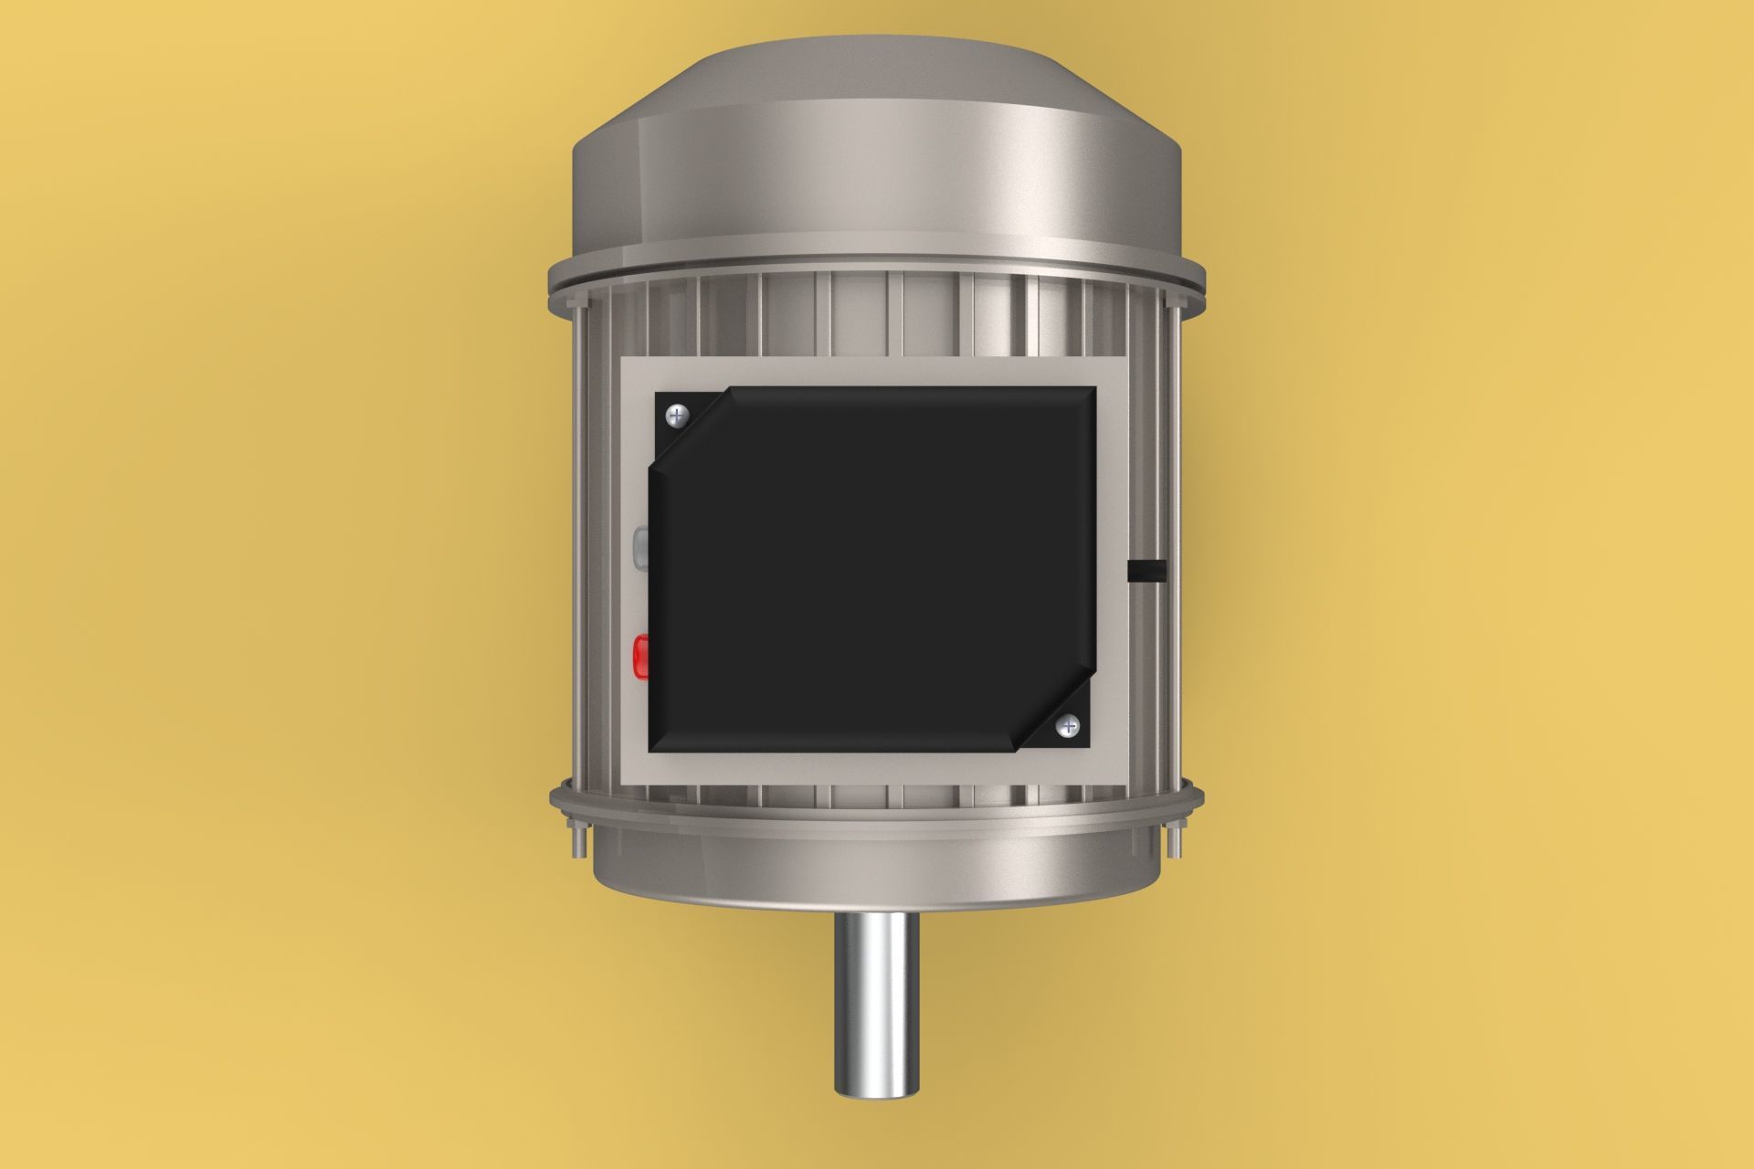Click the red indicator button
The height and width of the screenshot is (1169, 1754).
[x=641, y=655]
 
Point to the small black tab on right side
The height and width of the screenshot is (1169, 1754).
[x=1148, y=571]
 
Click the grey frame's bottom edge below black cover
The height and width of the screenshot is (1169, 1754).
[x=875, y=769]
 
